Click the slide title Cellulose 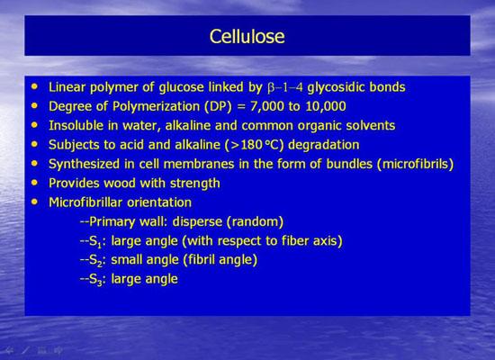[x=247, y=36]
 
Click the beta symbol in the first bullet [x=271, y=88]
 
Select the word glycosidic [x=336, y=87]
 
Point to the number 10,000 [x=326, y=106]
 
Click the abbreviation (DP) [x=218, y=106]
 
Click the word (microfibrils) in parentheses [x=415, y=164]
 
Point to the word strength [x=194, y=184]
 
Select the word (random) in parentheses [x=255, y=221]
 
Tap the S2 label [x=95, y=261]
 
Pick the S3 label [x=95, y=280]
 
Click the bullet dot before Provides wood [x=34, y=183]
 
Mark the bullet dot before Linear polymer [x=34, y=86]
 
